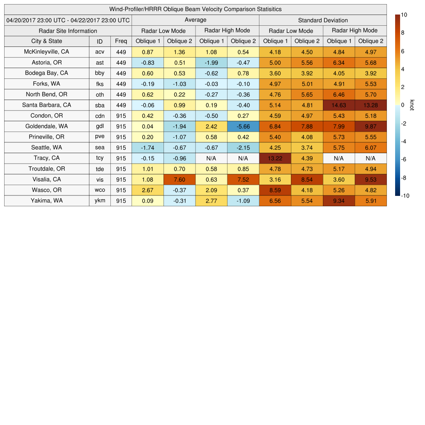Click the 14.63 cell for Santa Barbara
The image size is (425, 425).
pyautogui.click(x=339, y=105)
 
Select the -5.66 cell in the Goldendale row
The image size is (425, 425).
pyautogui.click(x=243, y=126)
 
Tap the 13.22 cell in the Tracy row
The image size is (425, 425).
pyautogui.click(x=275, y=158)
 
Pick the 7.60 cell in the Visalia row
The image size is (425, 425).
pyautogui.click(x=179, y=180)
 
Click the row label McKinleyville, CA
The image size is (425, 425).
pyautogui.click(x=46, y=52)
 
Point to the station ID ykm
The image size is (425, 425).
pyautogui.click(x=100, y=201)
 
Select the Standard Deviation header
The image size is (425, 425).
pyautogui.click(x=323, y=20)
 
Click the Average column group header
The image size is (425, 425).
pyautogui.click(x=195, y=20)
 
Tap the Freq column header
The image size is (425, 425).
pyautogui.click(x=121, y=41)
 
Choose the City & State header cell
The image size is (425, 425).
pyautogui.click(x=46, y=41)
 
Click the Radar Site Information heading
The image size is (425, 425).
pyautogui.click(x=68, y=31)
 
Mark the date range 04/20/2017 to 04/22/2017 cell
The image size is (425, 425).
pyautogui.click(x=68, y=20)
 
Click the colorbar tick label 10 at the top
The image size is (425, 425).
pyautogui.click(x=404, y=15)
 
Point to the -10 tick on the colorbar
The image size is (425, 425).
pyautogui.click(x=405, y=196)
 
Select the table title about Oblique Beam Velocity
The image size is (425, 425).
pyautogui.click(x=195, y=9)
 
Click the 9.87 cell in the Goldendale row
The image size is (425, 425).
pyautogui.click(x=371, y=126)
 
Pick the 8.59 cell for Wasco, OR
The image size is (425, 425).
pyautogui.click(x=275, y=190)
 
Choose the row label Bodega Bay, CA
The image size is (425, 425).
pyautogui.click(x=46, y=73)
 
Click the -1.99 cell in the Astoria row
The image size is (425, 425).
pyautogui.click(x=211, y=63)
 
